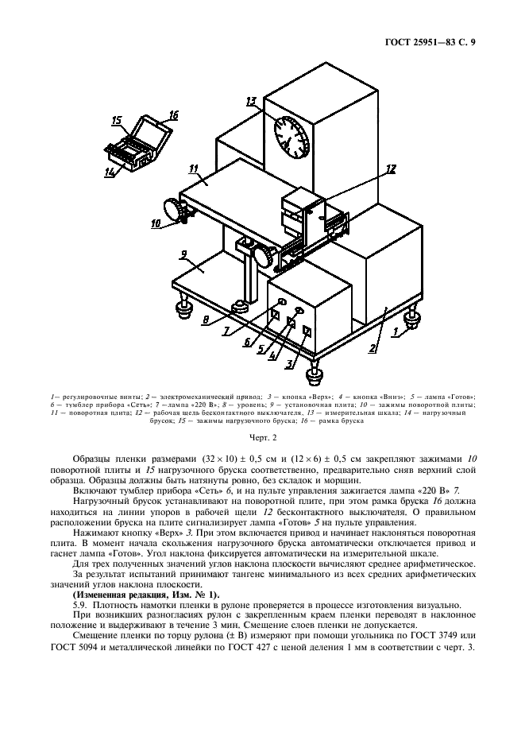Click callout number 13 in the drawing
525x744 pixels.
[x=251, y=101]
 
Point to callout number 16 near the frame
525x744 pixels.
[x=172, y=114]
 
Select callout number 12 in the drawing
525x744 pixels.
[x=389, y=169]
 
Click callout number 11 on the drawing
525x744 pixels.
[x=193, y=168]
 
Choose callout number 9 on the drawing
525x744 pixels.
[x=183, y=254]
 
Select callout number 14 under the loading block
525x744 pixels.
[x=110, y=170]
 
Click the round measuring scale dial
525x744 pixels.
[x=291, y=135]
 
